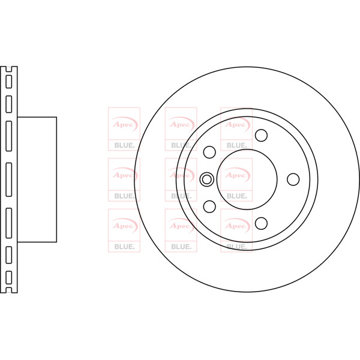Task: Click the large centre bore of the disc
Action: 247,179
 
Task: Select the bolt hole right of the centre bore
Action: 293,179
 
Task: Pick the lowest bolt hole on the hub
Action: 261,223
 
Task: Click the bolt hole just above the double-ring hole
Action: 209,151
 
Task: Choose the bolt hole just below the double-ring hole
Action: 209,206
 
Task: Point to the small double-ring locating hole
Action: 206,179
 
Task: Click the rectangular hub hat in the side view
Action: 37,179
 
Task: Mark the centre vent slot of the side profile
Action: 8,179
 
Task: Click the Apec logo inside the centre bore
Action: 236,176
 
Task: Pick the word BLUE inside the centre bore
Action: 236,196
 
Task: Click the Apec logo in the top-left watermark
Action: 124,125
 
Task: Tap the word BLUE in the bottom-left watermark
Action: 124,246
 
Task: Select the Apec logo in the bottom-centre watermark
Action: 180,226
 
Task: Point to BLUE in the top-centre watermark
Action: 180,145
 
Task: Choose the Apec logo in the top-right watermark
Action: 236,125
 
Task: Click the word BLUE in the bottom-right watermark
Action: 236,246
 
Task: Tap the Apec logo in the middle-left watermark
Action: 124,176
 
